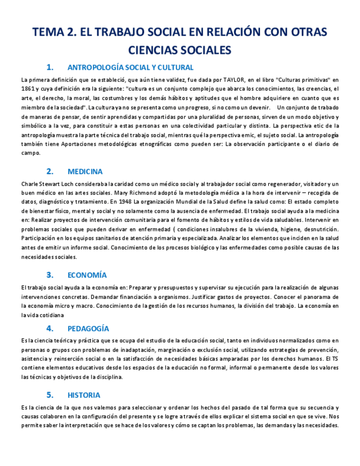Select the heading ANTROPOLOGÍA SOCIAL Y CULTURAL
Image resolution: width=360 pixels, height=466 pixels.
[x=130, y=68]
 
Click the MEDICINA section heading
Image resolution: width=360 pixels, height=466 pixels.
[x=85, y=171]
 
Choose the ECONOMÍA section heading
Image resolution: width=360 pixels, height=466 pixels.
[x=87, y=275]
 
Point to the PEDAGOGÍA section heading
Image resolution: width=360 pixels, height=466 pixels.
[x=88, y=329]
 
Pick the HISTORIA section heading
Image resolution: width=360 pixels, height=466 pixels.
[x=84, y=395]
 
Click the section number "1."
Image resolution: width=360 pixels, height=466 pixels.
[x=50, y=68]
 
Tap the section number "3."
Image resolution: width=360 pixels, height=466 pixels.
[x=50, y=275]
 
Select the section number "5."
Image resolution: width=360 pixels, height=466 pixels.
[x=50, y=395]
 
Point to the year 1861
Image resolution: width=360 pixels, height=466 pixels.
[x=27, y=88]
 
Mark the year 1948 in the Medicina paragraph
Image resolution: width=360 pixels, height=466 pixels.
[x=125, y=202]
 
